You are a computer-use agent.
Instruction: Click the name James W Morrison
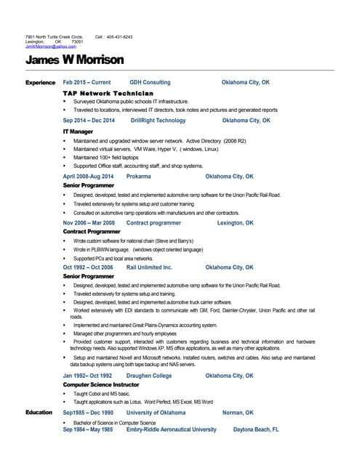(74, 60)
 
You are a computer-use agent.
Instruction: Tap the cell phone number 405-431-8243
(119, 36)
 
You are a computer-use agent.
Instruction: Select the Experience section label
(41, 83)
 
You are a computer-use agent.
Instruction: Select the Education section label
(39, 413)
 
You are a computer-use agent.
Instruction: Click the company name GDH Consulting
(150, 83)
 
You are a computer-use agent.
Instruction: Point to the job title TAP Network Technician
(108, 94)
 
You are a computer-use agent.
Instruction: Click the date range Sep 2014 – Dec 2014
(89, 121)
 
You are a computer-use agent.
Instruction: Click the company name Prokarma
(139, 177)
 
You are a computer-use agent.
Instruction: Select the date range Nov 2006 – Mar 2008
(89, 223)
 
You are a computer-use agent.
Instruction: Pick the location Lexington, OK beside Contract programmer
(236, 223)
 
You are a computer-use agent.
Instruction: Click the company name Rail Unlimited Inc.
(149, 267)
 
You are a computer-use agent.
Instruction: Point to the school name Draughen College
(149, 376)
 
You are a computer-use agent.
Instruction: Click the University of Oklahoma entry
(156, 413)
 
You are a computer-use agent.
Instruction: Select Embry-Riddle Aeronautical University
(171, 429)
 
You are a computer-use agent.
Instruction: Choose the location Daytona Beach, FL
(256, 429)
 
